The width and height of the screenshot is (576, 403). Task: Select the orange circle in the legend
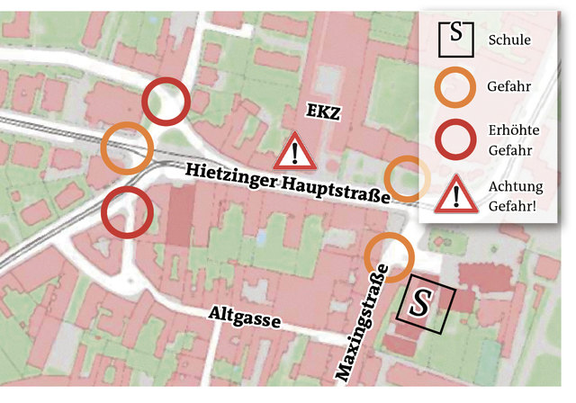pyautogui.click(x=455, y=87)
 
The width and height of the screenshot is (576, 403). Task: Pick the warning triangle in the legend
pyautogui.click(x=455, y=194)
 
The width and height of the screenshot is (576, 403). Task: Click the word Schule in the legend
pyautogui.click(x=509, y=40)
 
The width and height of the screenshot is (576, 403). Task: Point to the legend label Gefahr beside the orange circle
pyautogui.click(x=508, y=88)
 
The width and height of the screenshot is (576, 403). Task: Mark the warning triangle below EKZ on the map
pyautogui.click(x=294, y=152)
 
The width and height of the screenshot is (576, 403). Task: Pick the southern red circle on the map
pyautogui.click(x=126, y=212)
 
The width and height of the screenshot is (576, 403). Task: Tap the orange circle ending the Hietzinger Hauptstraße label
pyautogui.click(x=408, y=178)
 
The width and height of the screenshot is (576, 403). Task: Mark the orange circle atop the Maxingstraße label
pyautogui.click(x=389, y=255)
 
